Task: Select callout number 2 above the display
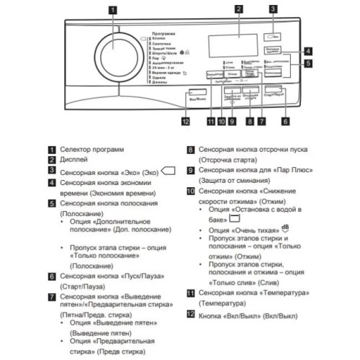237,9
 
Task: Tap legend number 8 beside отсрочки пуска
191,149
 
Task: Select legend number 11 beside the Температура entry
191,294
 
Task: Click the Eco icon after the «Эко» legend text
169,171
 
